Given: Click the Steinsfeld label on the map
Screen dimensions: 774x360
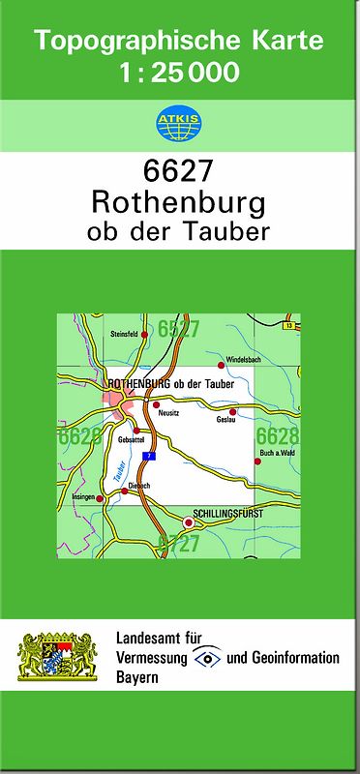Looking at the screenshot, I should (125, 334).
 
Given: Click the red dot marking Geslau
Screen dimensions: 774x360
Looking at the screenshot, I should (232, 411).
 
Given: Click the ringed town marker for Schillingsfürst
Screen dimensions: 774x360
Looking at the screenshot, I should (190, 522).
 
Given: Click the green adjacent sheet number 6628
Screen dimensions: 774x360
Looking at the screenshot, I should (278, 435).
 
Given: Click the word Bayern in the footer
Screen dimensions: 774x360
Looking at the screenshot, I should (136, 678).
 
